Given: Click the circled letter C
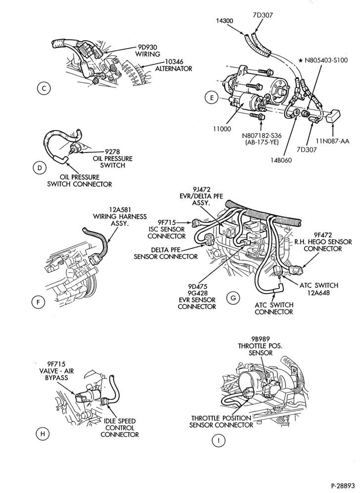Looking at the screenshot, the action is pyautogui.click(x=44, y=89).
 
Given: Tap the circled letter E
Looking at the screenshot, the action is pyautogui.click(x=212, y=98).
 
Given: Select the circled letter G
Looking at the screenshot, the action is pyautogui.click(x=233, y=297).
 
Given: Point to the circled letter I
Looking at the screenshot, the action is pyautogui.click(x=219, y=441).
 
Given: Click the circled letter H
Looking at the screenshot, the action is pyautogui.click(x=43, y=434).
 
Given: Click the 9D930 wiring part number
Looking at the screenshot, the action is pyautogui.click(x=147, y=48).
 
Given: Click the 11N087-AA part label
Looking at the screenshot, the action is pyautogui.click(x=332, y=141).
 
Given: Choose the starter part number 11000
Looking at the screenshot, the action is pyautogui.click(x=222, y=129).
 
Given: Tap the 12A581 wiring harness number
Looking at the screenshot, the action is pyautogui.click(x=119, y=209).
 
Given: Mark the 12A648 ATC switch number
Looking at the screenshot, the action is pyautogui.click(x=318, y=293).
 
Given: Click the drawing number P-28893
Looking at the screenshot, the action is pyautogui.click(x=342, y=485).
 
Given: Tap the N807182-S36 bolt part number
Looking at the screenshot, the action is pyautogui.click(x=262, y=136).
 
